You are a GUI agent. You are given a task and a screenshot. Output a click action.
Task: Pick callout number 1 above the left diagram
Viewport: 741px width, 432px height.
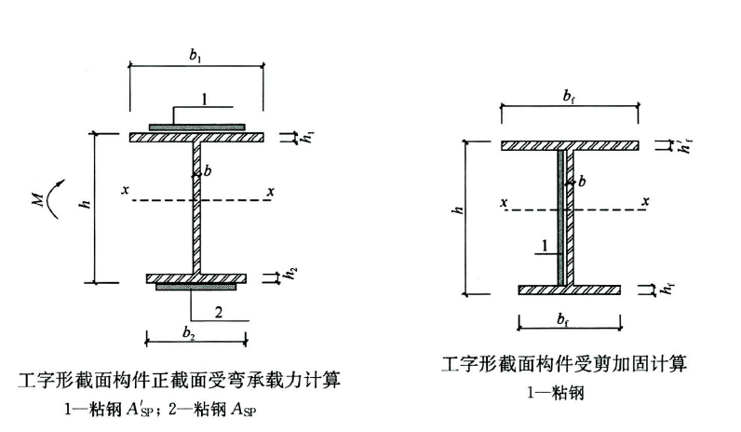tap(205, 99)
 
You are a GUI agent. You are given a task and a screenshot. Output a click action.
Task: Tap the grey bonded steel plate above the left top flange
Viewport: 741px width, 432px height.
tap(196, 126)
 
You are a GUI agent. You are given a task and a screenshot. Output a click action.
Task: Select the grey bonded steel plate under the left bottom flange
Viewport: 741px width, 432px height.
tap(196, 288)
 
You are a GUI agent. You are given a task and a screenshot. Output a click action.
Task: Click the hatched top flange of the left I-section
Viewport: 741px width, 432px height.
tap(196, 137)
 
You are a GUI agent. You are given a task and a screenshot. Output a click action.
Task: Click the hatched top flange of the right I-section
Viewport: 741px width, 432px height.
tap(570, 146)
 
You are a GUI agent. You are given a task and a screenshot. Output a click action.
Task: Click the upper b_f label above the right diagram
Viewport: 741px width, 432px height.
tap(569, 96)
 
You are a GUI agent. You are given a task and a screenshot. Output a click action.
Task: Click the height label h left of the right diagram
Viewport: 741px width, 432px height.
tap(458, 212)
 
